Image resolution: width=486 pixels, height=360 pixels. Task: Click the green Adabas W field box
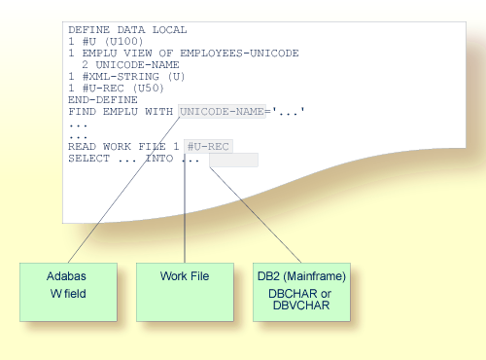pyautogui.click(x=67, y=289)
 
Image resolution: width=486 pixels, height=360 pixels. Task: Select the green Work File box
pyautogui.click(x=185, y=289)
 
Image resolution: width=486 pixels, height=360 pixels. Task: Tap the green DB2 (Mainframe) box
pyautogui.click(x=301, y=289)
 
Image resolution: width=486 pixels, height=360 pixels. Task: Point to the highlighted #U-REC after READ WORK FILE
pyautogui.click(x=208, y=146)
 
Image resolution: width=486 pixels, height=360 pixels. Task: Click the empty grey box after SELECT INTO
pyautogui.click(x=233, y=160)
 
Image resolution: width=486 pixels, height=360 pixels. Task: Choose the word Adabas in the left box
pyautogui.click(x=67, y=276)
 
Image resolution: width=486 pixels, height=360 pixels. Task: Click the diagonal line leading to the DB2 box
pyautogui.click(x=255, y=209)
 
